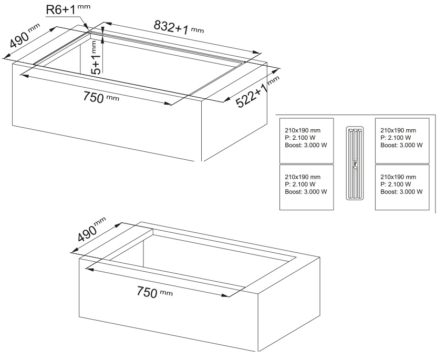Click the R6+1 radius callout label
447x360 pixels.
click(68, 9)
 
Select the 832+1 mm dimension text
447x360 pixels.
click(179, 27)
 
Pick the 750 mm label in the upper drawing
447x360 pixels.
click(101, 97)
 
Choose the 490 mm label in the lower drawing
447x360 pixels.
click(91, 229)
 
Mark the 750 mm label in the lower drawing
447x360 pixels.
click(154, 292)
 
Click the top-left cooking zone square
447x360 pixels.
click(306, 141)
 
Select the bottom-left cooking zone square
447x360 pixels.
click(306, 187)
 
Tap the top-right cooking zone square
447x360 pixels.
click(402, 141)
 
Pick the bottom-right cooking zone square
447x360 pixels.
click(402, 187)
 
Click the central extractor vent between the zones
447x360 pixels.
click(355, 163)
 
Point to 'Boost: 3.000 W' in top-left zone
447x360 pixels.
click(306, 145)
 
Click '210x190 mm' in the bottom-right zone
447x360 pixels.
click(398, 177)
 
